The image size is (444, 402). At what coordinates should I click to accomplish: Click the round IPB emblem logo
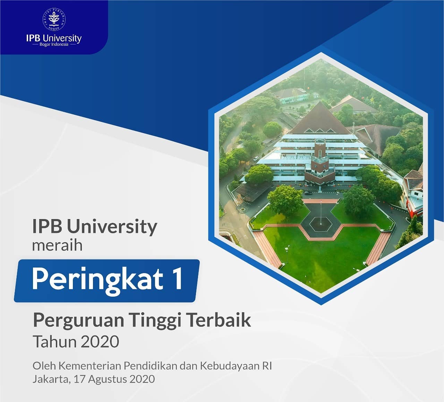click(54, 19)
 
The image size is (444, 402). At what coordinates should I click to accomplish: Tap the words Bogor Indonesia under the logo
click(54, 44)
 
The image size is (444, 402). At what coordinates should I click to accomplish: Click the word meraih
click(57, 245)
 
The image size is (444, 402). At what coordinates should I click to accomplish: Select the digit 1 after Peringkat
click(178, 278)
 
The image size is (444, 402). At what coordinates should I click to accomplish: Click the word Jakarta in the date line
click(52, 379)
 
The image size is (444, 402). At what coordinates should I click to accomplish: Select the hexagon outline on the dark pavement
click(321, 224)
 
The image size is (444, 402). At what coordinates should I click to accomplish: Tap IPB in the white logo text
click(33, 38)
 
